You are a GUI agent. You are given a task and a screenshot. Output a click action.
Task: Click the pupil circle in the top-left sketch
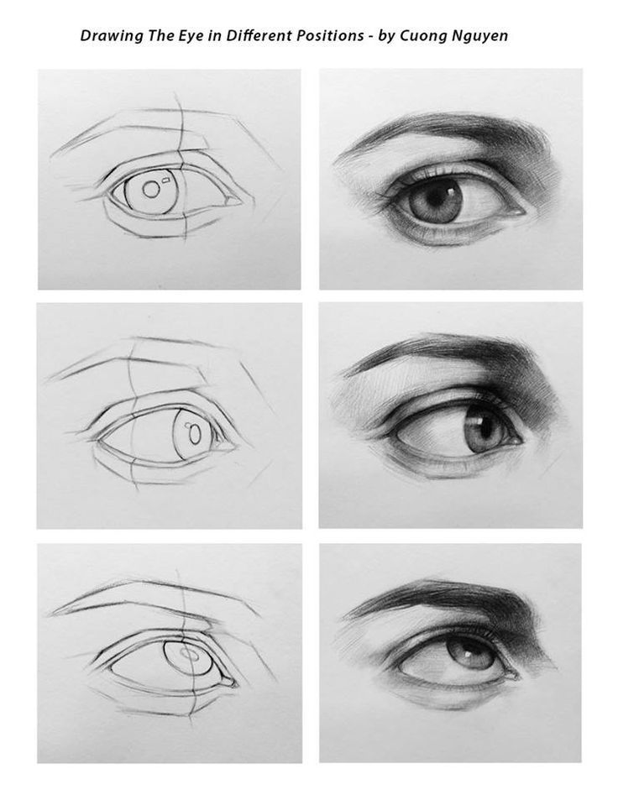[x=150, y=190]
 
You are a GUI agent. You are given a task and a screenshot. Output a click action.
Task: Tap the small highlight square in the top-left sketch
[x=166, y=179]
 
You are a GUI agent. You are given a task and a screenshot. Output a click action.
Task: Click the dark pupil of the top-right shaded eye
[x=437, y=197]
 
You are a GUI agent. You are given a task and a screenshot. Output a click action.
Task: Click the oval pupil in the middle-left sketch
[x=195, y=435]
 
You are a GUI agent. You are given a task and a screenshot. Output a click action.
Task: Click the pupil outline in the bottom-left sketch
[x=190, y=655]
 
